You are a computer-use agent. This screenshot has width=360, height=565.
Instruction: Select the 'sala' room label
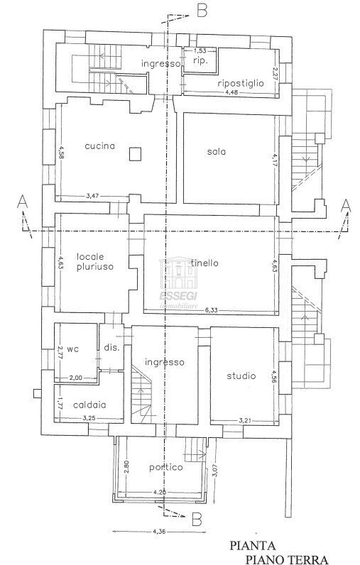[x=217, y=152]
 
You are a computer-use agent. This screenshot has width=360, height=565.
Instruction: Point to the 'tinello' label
[x=224, y=263]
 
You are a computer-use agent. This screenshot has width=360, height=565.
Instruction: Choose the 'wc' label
[x=72, y=349]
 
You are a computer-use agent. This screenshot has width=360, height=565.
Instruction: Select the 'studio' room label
[x=241, y=376]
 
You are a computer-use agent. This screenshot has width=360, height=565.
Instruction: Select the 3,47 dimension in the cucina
[x=92, y=195]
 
